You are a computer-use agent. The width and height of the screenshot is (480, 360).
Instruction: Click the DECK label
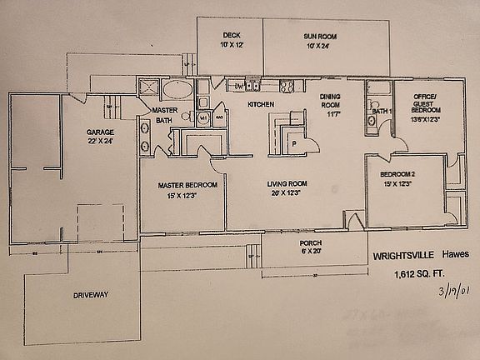pos(231,35)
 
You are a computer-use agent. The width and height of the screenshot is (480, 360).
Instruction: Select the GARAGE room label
pos(100,132)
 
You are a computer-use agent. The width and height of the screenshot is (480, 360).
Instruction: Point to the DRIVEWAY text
pos(92,294)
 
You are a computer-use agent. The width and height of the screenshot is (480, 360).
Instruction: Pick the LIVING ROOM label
pos(287,184)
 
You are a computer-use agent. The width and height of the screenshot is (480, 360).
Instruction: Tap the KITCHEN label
pos(261,104)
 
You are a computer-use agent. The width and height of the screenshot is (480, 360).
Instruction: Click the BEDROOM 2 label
pos(397,173)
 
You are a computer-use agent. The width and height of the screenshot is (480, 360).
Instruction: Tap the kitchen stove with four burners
pos(287,85)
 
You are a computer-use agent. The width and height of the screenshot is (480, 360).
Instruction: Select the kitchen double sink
pos(256,85)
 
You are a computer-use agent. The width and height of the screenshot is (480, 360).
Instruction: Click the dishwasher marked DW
pos(237,86)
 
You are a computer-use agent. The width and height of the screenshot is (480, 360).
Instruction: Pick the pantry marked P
pos(293,142)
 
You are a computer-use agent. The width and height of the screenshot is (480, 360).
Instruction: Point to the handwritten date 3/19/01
pos(445,293)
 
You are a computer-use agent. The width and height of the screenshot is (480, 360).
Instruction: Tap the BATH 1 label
pos(382,110)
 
